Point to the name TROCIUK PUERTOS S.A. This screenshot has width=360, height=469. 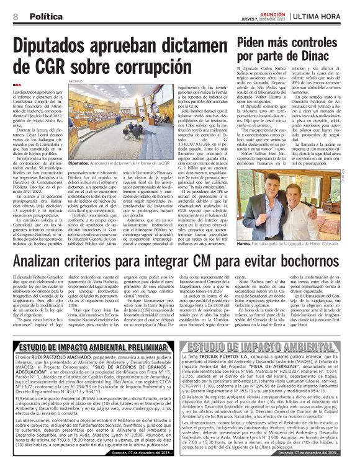click(227, 358)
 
